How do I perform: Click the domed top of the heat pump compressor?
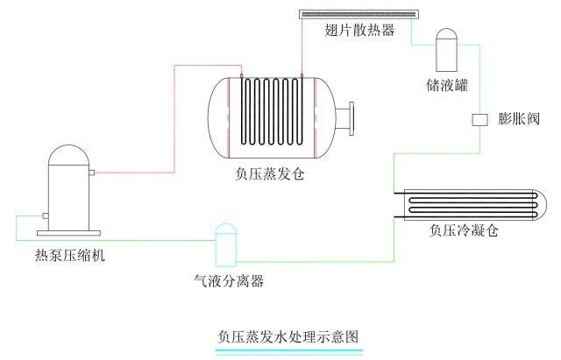tap(67, 156)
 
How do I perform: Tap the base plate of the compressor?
tap(67, 233)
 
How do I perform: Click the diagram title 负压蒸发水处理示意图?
tap(289, 336)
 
